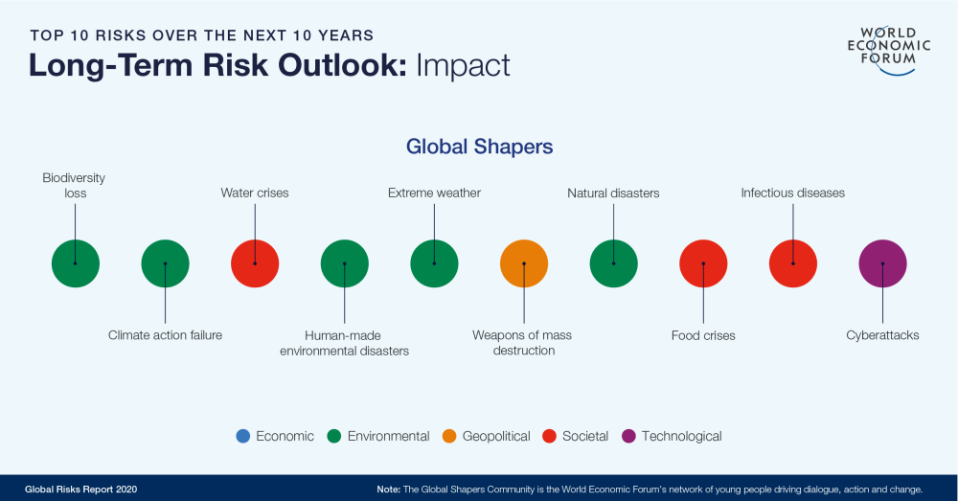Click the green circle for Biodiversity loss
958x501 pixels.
tap(76, 262)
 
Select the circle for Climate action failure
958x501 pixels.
tap(166, 262)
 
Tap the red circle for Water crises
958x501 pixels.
tap(255, 262)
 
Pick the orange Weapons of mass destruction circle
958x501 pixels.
tap(524, 262)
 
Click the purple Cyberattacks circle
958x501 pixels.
tap(882, 262)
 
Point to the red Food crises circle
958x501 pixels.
tap(703, 262)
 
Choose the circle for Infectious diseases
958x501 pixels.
tap(793, 262)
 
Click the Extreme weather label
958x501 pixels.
tap(434, 194)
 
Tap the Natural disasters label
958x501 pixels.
tap(613, 194)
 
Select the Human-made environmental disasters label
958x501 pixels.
tap(345, 343)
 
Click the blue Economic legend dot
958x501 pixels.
tap(243, 436)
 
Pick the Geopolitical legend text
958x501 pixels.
tap(495, 436)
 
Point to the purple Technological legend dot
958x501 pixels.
tap(628, 436)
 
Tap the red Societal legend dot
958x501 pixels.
tap(550, 436)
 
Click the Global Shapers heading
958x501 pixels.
tap(479, 147)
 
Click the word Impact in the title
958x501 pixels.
tap(463, 65)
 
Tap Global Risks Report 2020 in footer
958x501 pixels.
tap(81, 490)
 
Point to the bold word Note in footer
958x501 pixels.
tap(389, 490)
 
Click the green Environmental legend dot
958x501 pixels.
tap(334, 436)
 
